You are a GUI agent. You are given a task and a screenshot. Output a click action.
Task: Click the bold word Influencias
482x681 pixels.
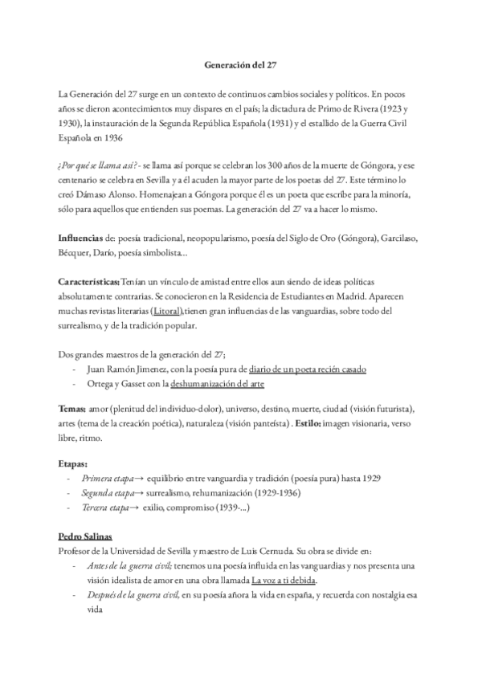click(x=81, y=239)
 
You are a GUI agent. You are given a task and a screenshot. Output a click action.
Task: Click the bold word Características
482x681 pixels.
click(x=89, y=283)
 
